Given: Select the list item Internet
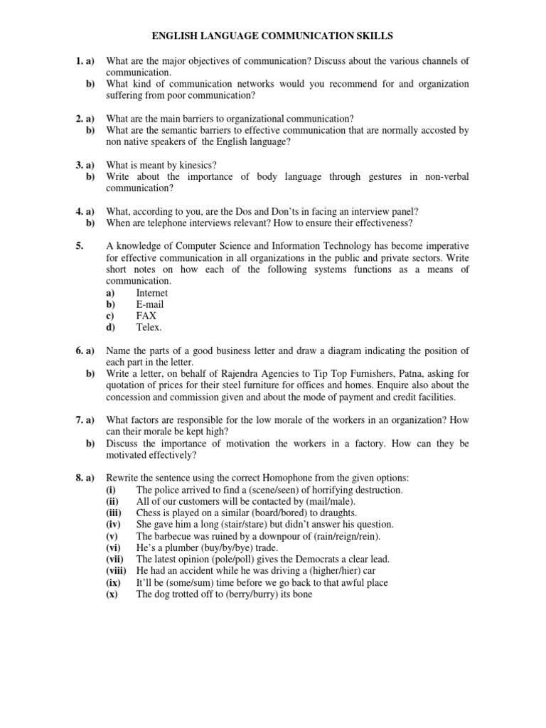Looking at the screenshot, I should click(x=151, y=293).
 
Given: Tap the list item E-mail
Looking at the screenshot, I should click(x=149, y=304).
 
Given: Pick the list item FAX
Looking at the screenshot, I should click(x=146, y=316).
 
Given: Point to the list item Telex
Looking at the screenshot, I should click(x=149, y=327).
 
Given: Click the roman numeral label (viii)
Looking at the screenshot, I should click(x=118, y=570).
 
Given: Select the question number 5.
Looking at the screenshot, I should click(x=80, y=247).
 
